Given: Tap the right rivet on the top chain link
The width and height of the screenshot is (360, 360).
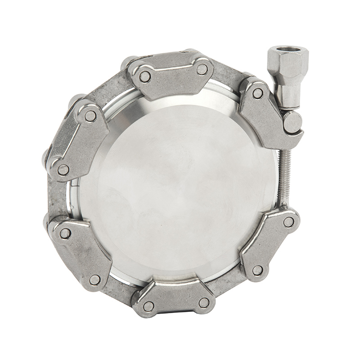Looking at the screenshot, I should pos(202,69).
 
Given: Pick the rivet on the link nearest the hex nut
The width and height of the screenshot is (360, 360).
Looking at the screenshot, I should pos(258,94).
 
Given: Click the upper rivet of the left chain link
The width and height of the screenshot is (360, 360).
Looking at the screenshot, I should pos(90,116).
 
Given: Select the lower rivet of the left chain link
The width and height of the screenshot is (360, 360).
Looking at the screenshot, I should pos(63,170).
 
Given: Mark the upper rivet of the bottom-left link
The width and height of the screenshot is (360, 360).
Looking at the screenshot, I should pos(65,233).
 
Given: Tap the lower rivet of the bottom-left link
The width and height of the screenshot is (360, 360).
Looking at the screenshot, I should pos(94,280).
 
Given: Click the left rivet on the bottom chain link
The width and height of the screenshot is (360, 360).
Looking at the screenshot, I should pos(148,306).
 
